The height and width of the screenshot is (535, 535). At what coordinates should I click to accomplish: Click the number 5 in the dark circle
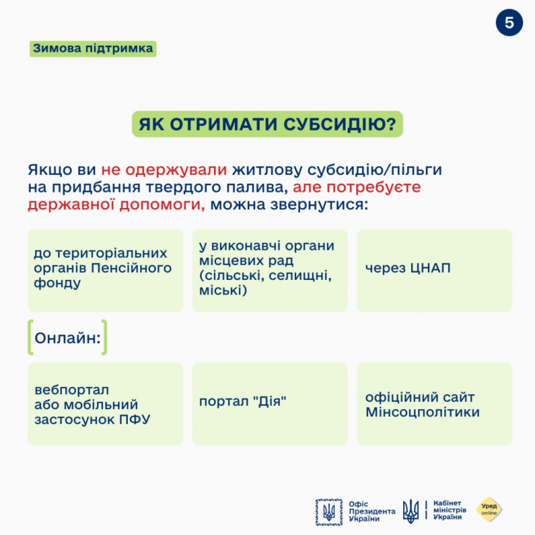[509, 23]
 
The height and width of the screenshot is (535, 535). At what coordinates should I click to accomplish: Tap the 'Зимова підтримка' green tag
[93, 49]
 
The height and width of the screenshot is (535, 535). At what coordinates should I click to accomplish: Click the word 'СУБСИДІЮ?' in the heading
[340, 124]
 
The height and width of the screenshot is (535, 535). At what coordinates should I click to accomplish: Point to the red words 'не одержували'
[164, 170]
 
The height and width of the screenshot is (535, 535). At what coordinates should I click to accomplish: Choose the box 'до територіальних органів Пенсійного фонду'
[105, 270]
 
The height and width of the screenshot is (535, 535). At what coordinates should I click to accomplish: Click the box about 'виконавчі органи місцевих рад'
[270, 270]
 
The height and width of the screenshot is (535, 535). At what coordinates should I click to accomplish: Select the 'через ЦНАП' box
[434, 270]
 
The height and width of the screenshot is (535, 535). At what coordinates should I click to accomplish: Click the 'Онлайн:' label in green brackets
[67, 338]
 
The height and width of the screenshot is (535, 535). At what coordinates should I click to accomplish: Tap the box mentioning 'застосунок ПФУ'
[105, 404]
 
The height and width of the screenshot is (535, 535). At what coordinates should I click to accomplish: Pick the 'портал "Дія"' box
[270, 404]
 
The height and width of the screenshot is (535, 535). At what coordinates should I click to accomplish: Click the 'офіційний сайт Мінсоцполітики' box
[434, 404]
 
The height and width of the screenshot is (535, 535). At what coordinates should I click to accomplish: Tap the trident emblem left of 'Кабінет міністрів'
[411, 511]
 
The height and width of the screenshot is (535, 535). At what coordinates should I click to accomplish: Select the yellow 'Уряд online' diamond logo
[489, 510]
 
